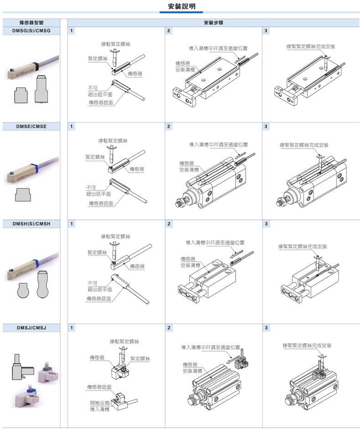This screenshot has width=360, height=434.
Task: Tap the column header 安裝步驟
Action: pos(213,22)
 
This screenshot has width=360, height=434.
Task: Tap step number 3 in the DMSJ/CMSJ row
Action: pos(267,328)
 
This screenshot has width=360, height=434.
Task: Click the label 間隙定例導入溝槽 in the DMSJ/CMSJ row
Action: pos(100,406)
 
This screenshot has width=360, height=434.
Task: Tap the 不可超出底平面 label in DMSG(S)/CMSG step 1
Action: pos(100,91)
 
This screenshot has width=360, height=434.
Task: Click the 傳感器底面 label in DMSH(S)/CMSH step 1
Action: pos(99,299)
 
